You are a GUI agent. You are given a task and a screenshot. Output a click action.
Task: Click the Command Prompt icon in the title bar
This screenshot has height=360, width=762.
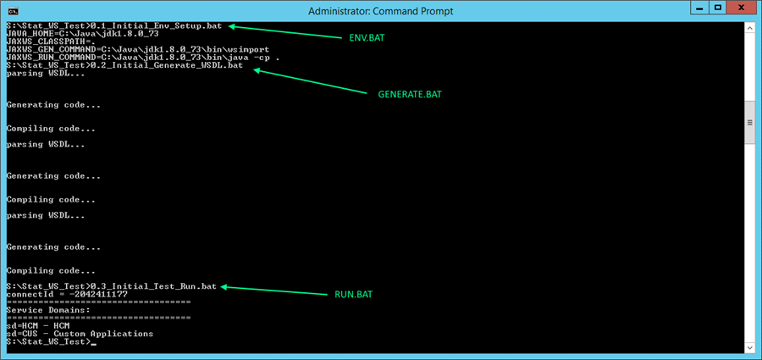(14, 9)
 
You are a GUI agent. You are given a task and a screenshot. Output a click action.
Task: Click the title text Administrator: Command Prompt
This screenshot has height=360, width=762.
(381, 10)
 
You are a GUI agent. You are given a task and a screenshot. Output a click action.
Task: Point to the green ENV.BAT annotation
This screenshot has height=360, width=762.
(367, 38)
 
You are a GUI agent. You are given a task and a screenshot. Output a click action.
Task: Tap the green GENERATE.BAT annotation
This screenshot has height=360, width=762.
(410, 94)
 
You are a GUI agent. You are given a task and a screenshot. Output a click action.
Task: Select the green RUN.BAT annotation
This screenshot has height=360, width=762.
(353, 295)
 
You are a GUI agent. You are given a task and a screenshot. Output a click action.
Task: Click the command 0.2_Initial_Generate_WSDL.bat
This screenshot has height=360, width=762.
(166, 65)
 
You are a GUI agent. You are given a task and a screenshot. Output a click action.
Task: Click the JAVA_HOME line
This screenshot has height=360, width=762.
(83, 34)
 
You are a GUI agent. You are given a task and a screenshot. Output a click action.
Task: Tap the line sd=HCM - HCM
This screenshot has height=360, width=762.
(38, 325)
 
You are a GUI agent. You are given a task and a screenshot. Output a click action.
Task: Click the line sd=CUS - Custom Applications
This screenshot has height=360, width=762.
(80, 334)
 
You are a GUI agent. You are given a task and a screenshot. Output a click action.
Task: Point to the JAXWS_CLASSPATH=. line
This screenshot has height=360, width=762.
(51, 42)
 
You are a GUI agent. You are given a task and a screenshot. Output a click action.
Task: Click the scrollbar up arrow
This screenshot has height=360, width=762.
(751, 28)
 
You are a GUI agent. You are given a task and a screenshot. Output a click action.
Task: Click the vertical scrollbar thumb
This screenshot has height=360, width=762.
(751, 123)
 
